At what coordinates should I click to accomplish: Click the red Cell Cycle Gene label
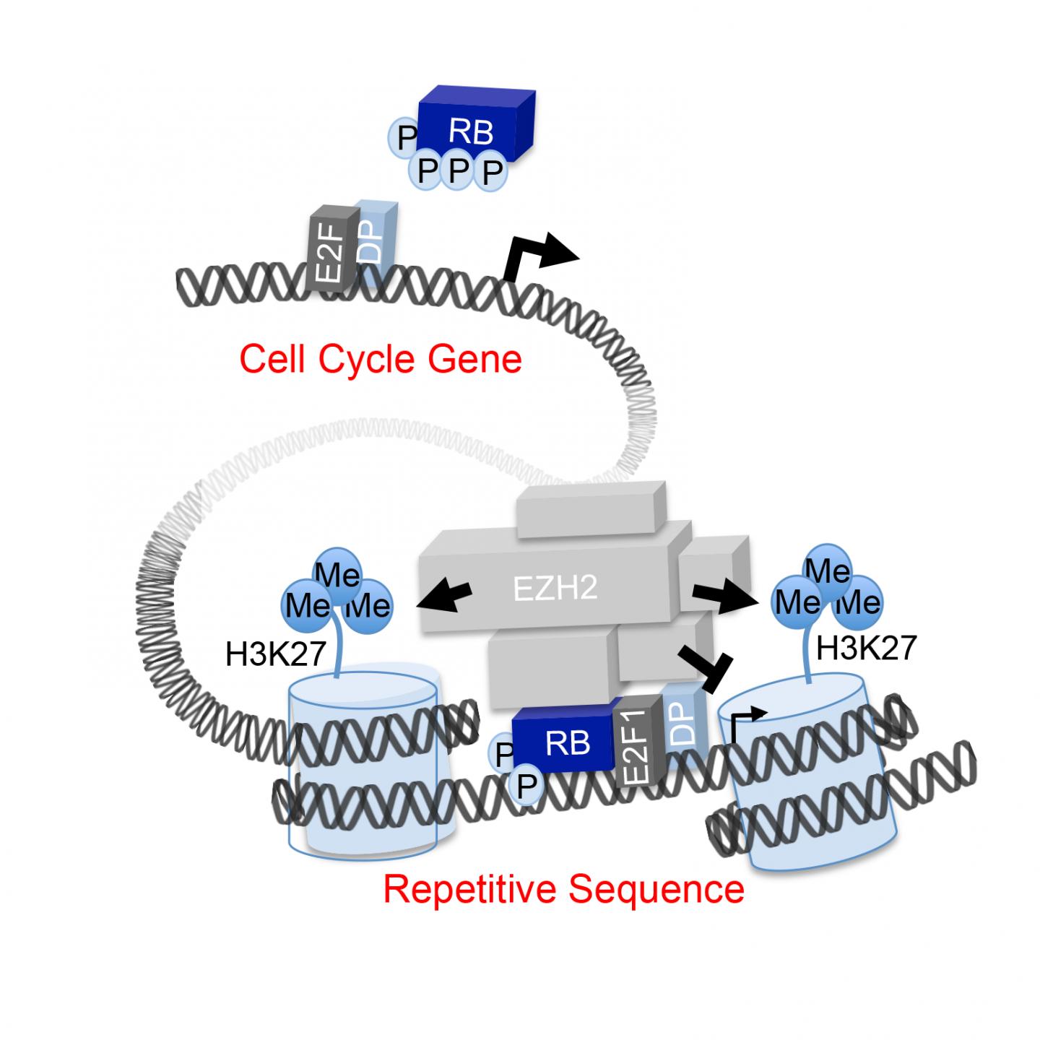(x=381, y=359)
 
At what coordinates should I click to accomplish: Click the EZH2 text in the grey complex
(x=555, y=589)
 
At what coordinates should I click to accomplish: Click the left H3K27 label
(x=276, y=654)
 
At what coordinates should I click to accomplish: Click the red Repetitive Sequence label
(x=563, y=889)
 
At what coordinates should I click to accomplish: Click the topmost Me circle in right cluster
(x=828, y=571)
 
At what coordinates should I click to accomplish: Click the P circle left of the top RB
(x=404, y=136)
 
